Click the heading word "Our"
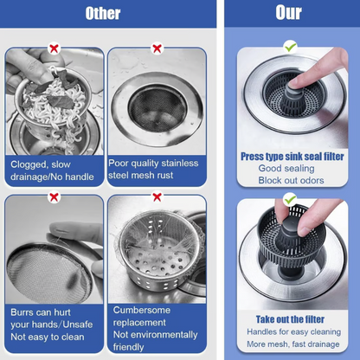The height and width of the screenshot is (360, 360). [289, 14]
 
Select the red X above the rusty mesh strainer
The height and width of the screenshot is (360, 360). [157, 48]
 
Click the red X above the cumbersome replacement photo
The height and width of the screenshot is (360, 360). [157, 196]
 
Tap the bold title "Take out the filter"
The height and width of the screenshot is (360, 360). [291, 319]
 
